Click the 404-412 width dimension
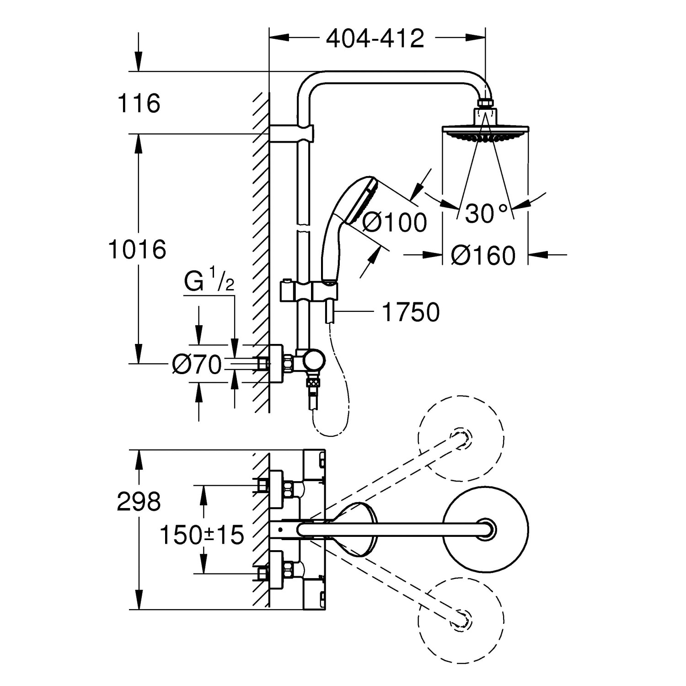click(x=375, y=38)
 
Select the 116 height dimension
click(x=139, y=103)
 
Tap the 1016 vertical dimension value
click(x=137, y=250)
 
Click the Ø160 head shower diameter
click(x=483, y=255)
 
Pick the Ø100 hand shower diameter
click(x=394, y=223)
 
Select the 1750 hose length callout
click(x=410, y=312)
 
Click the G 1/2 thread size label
click(x=209, y=283)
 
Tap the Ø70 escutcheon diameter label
click(x=197, y=364)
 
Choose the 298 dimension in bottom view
click(x=139, y=502)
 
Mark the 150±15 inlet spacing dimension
click(x=202, y=535)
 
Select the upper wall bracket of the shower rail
click(x=291, y=133)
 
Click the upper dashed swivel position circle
click(x=461, y=438)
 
